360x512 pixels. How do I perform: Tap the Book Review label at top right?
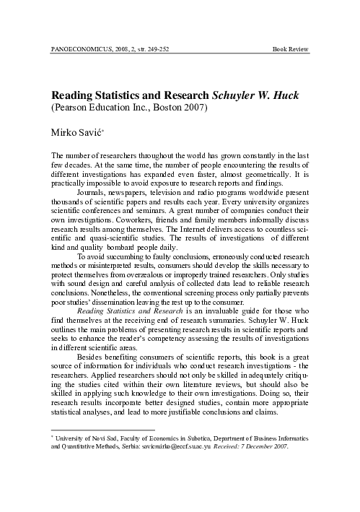291,49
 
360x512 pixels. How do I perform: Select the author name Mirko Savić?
76,132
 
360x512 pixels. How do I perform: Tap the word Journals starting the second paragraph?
94,194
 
